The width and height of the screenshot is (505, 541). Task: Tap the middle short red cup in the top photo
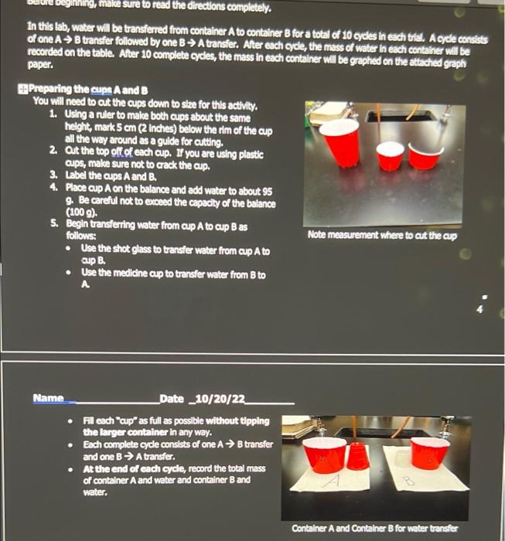(391, 156)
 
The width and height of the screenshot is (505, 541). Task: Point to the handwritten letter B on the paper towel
(410, 481)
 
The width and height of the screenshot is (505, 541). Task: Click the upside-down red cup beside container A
(357, 456)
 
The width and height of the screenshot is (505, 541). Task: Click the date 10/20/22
(220, 399)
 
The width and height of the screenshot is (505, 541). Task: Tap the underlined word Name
(48, 399)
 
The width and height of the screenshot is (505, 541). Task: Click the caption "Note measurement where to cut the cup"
(382, 234)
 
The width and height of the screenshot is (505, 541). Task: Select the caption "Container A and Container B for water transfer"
(374, 529)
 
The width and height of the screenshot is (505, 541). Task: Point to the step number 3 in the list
(53, 175)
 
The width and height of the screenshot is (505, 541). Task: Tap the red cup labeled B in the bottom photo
(430, 453)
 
